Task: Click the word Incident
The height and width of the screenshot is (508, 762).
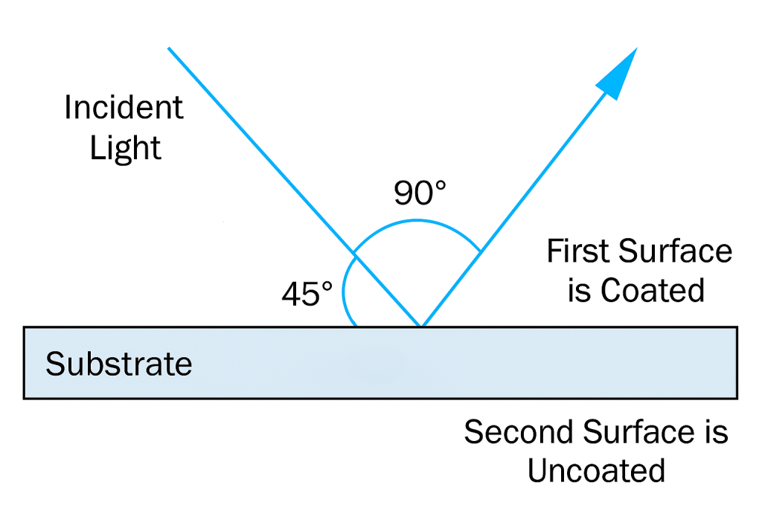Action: pyautogui.click(x=124, y=108)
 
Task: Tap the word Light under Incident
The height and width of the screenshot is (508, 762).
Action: pyautogui.click(x=125, y=148)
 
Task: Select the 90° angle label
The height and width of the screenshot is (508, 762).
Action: pyautogui.click(x=420, y=193)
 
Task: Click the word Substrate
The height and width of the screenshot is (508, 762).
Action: pyautogui.click(x=119, y=364)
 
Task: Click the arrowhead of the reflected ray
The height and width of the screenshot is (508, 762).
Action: pyautogui.click(x=621, y=70)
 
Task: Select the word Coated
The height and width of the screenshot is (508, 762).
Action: pyautogui.click(x=653, y=290)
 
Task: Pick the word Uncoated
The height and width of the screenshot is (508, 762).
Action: pyautogui.click(x=596, y=471)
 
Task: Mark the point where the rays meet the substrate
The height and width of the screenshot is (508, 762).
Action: pyautogui.click(x=421, y=326)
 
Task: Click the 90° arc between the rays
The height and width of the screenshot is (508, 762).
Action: pyautogui.click(x=417, y=221)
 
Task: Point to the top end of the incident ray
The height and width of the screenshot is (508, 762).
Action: pyautogui.click(x=169, y=48)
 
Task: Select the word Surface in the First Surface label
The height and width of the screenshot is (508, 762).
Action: pyautogui.click(x=676, y=251)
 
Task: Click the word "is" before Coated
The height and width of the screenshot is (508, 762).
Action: pyautogui.click(x=579, y=290)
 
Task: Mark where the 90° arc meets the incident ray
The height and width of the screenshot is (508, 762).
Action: pyautogui.click(x=353, y=256)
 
